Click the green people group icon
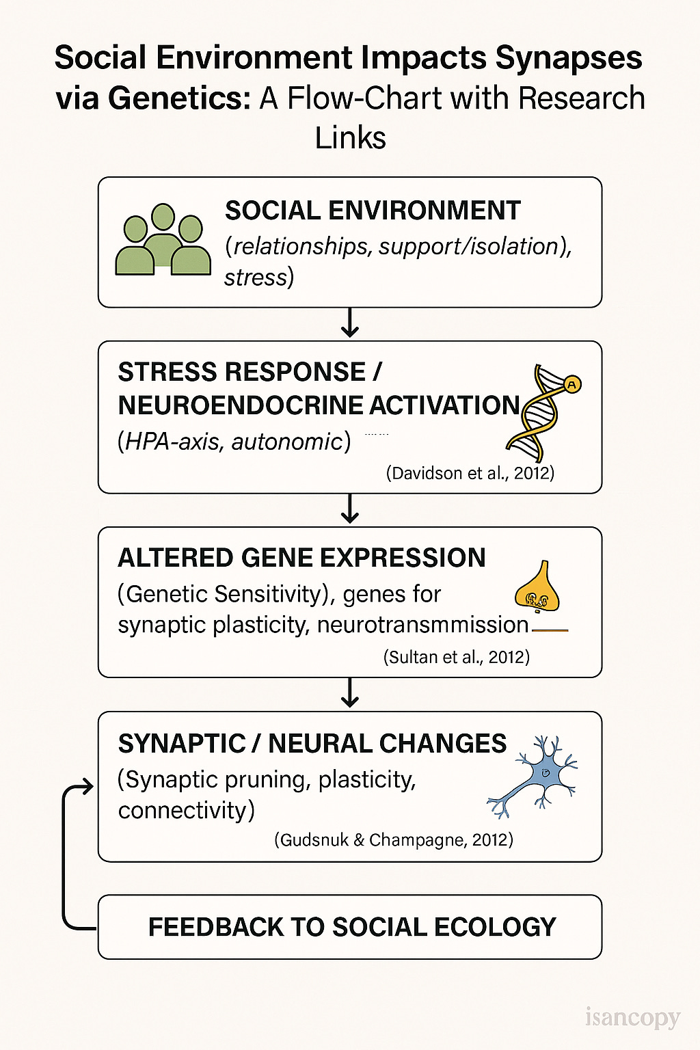coord(163,241)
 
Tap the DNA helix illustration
coord(541,413)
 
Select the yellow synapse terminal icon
coord(537,589)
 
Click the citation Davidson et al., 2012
coord(470,473)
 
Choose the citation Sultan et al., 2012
coord(456,657)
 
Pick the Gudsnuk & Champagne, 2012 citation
coord(394,839)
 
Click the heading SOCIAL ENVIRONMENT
coord(373,211)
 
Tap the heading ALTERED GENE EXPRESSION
coord(301,558)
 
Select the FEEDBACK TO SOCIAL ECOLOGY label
coord(352,927)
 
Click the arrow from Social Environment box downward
coord(350,323)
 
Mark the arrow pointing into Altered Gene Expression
coord(350,509)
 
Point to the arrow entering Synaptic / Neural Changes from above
coord(350,693)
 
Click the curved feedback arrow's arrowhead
coord(87,787)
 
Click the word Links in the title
coord(350,137)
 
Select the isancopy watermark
coord(632,1018)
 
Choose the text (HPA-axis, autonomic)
coord(234,442)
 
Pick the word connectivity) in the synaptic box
coord(186,811)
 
